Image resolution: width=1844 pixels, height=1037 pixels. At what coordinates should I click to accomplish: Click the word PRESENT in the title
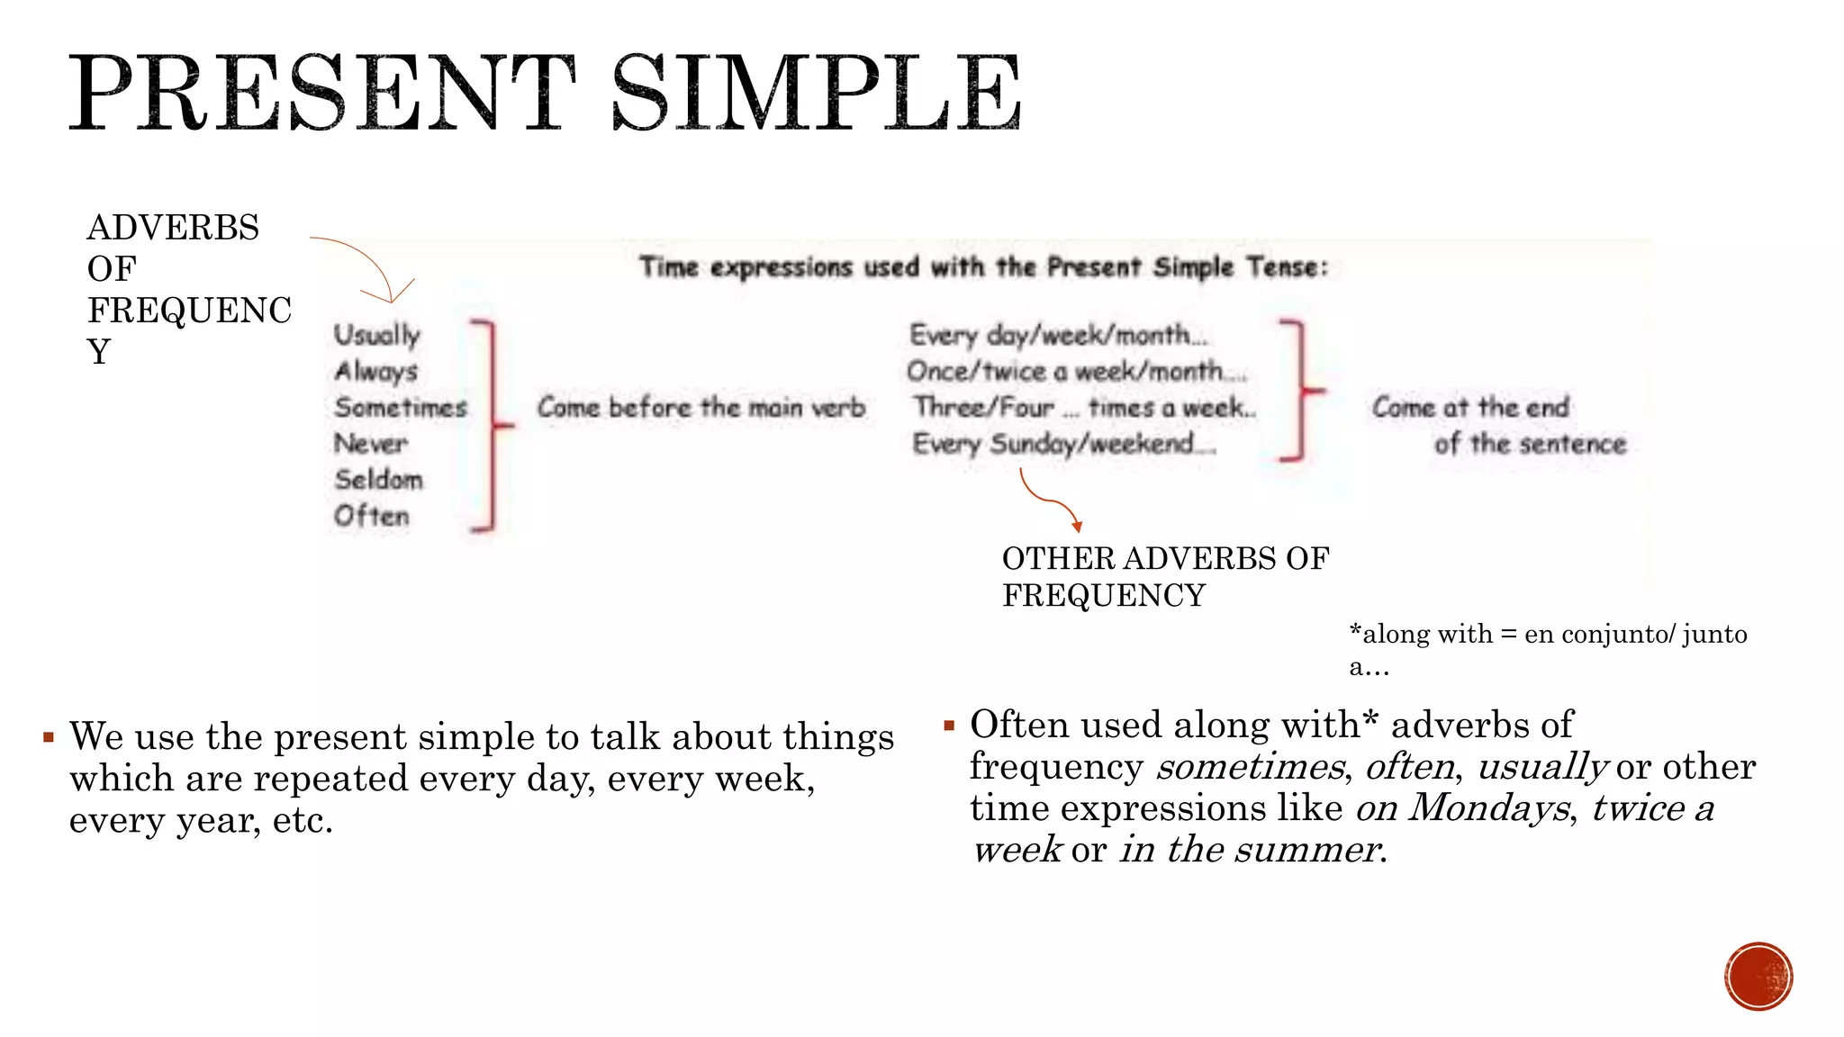322,92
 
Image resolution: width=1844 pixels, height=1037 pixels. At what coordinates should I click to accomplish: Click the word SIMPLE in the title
816,92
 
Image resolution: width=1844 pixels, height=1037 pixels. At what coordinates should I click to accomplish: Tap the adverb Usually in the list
377,335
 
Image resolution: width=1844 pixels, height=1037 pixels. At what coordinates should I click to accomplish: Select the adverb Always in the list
376,371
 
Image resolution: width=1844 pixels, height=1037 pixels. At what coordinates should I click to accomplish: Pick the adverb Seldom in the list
378,479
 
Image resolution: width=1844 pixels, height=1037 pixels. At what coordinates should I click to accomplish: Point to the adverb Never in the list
371,443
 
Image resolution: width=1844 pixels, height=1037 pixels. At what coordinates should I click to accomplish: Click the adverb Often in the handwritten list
371,516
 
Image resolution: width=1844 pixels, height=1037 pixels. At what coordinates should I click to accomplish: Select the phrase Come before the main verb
701,407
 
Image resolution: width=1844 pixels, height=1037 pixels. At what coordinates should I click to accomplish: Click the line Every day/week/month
1057,335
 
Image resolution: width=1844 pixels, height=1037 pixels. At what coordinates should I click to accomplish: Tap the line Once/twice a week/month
1076,371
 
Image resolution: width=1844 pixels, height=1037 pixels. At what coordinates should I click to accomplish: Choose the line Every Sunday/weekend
1062,443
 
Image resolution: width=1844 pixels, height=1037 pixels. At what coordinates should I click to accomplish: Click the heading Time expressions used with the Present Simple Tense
983,267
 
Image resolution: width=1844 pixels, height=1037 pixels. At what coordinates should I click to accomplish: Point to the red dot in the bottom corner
1758,977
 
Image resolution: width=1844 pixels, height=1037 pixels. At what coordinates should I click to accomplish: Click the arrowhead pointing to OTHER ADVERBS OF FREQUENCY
1077,527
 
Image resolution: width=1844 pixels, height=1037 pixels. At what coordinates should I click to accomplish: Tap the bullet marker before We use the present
49,738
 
